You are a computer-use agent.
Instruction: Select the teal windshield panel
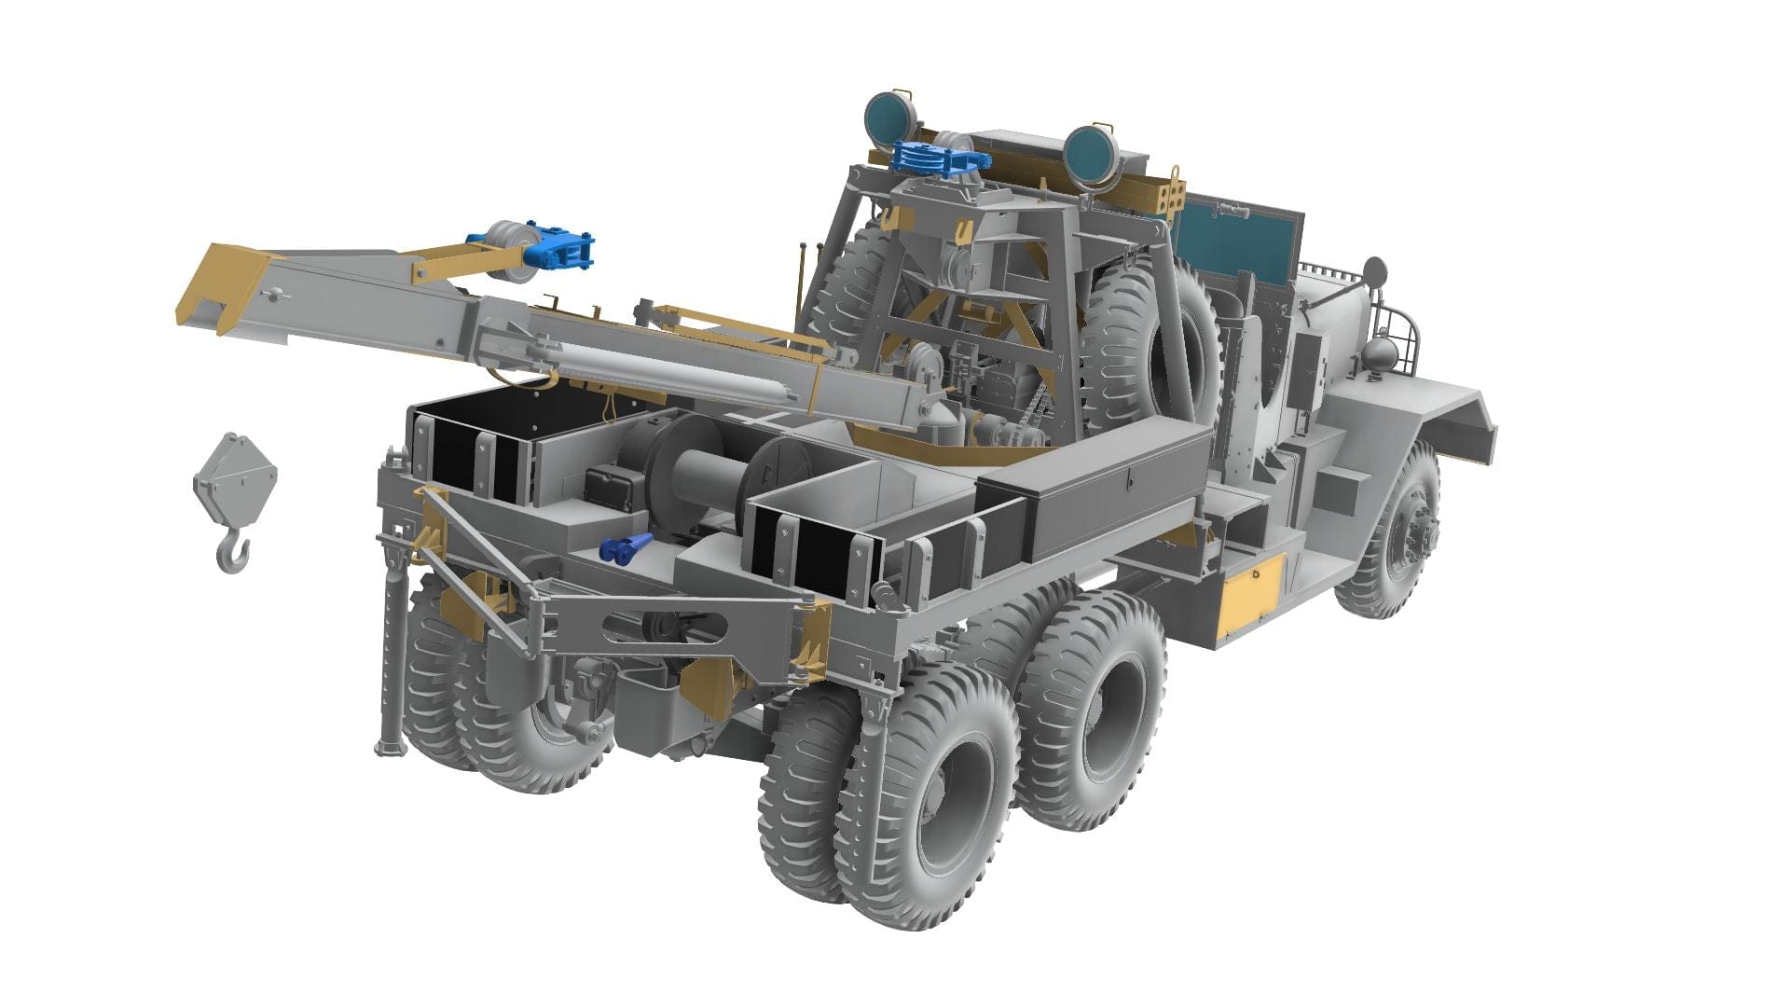tap(1235, 238)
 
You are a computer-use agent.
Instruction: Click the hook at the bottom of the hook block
tap(234, 554)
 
